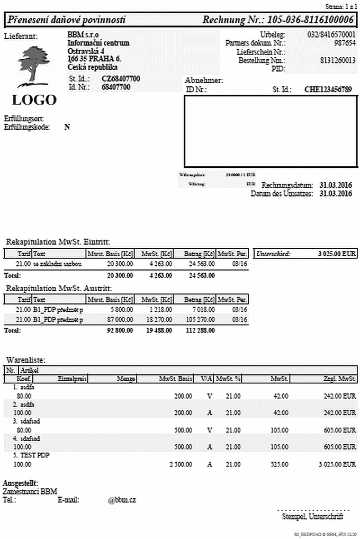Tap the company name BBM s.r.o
pos(79,34)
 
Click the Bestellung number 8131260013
pos(338,60)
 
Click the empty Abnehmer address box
pos(270,131)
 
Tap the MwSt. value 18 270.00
pos(158,319)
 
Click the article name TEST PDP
pos(34,455)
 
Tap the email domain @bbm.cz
pos(122,500)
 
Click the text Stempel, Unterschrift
pos(313,516)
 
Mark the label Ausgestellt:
pos(20,483)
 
